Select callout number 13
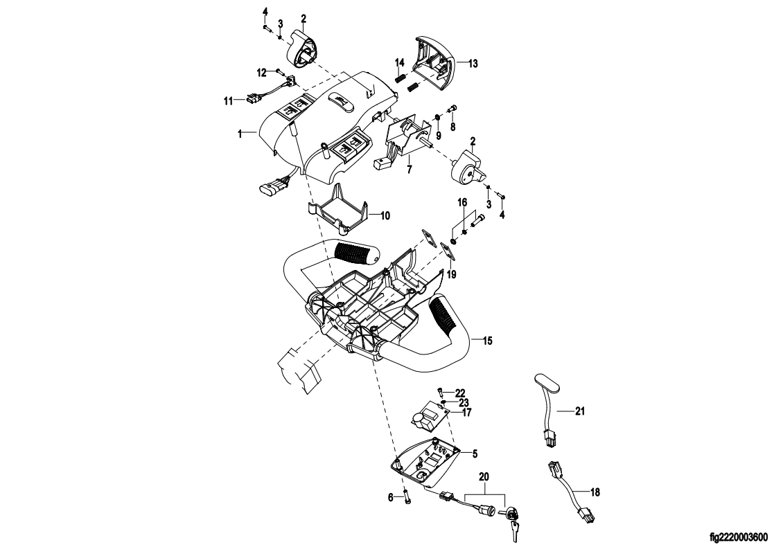pos(473,63)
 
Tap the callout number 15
pos(489,341)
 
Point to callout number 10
pos(385,216)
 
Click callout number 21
pos(581,411)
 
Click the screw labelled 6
pos(407,497)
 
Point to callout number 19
pos(452,273)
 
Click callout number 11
pos(227,100)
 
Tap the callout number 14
pos(400,64)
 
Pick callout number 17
pos(467,413)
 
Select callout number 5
pos(474,454)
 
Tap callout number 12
pos(263,72)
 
